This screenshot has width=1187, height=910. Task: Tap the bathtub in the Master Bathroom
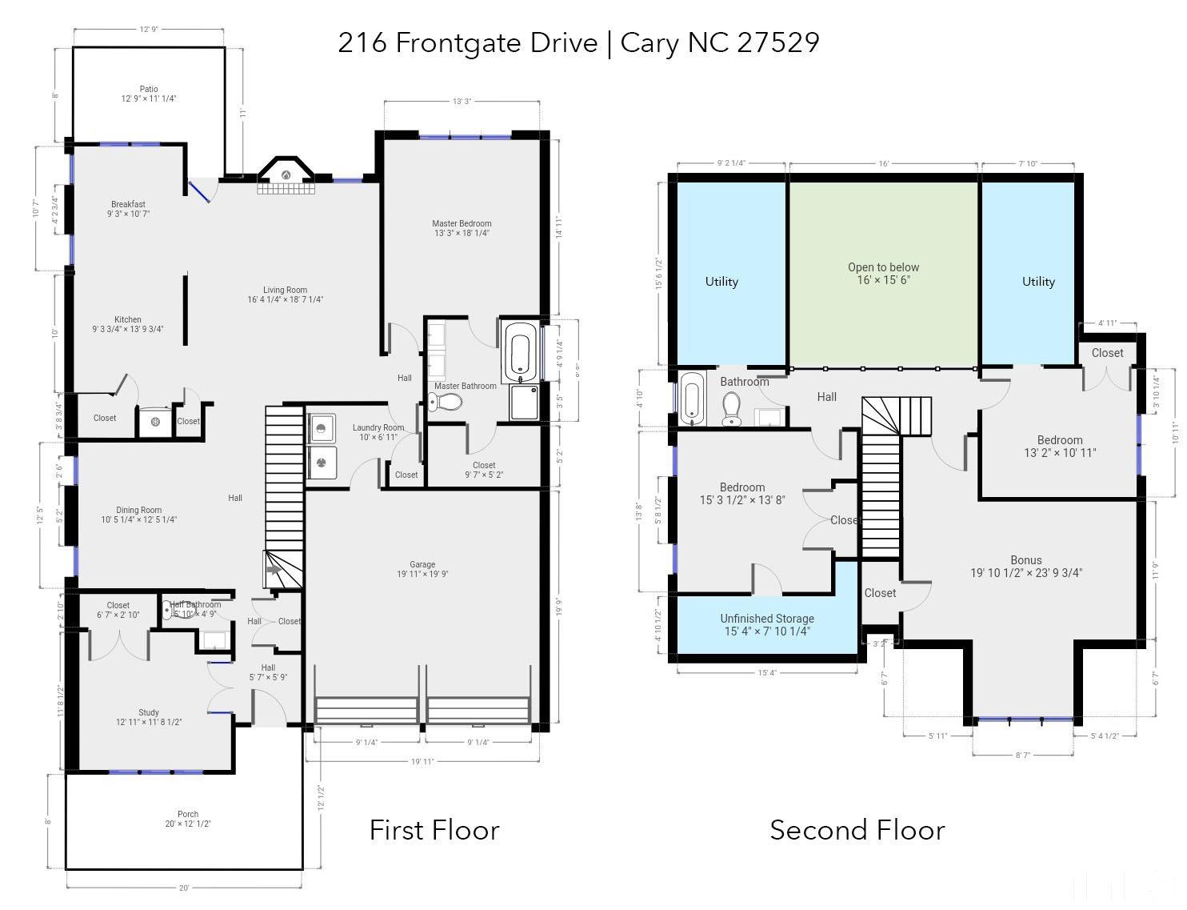pyautogui.click(x=520, y=352)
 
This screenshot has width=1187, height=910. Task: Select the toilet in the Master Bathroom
pyautogui.click(x=446, y=402)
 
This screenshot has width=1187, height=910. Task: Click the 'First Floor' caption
pyautogui.click(x=434, y=830)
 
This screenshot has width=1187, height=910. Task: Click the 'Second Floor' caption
pyautogui.click(x=857, y=830)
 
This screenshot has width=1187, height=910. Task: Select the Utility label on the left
pyautogui.click(x=721, y=282)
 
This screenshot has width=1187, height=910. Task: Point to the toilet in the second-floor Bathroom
pyautogui.click(x=731, y=410)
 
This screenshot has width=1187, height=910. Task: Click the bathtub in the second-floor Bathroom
pyautogui.click(x=693, y=399)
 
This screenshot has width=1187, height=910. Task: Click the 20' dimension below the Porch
pyautogui.click(x=184, y=888)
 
